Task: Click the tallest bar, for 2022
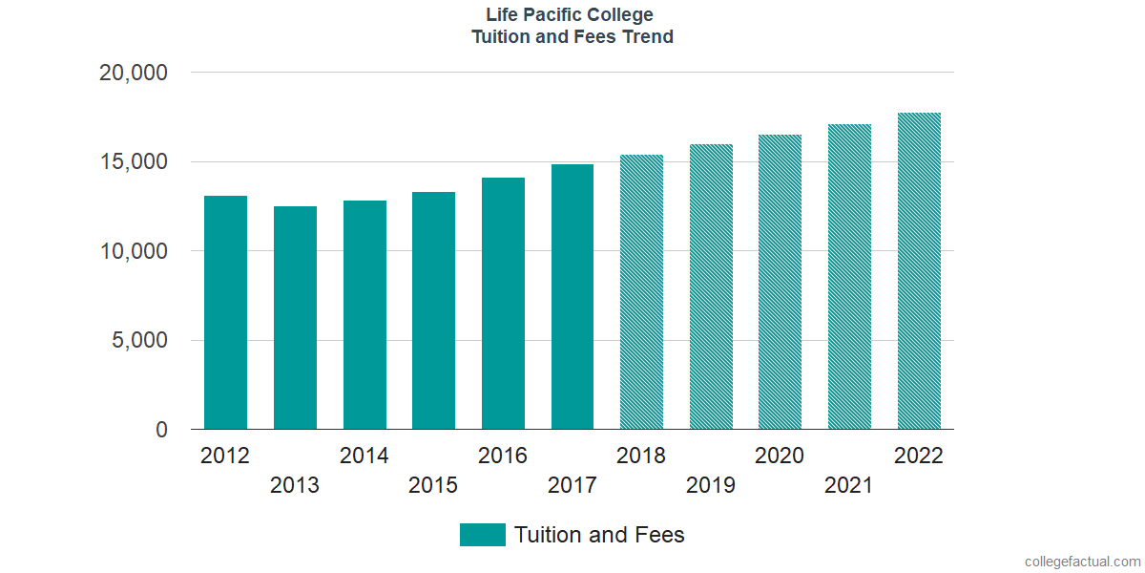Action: point(919,271)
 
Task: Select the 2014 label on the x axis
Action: point(364,456)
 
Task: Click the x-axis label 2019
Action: point(711,486)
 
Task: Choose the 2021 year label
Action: point(849,486)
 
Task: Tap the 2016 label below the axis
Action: point(503,456)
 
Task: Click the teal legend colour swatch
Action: point(482,535)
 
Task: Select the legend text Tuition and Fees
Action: point(599,535)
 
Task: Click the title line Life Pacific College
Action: point(571,15)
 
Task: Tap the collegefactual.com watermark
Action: point(1082,562)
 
